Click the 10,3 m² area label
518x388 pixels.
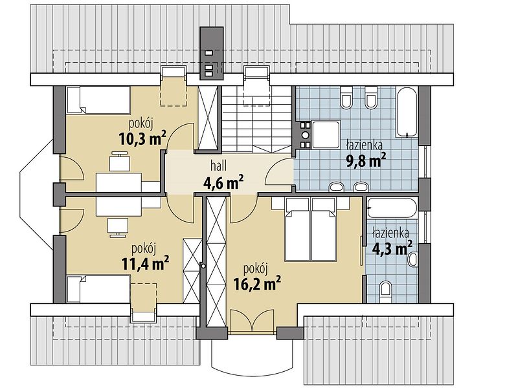142,138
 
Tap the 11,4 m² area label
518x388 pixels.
145,263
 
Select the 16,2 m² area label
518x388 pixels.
257,284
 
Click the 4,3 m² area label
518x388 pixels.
392,248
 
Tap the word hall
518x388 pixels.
219,166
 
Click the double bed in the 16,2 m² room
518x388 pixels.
311,230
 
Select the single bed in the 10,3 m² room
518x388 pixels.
98,100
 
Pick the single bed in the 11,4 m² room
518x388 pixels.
98,289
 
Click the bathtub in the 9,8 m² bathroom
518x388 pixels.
407,112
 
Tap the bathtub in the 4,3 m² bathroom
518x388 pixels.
392,208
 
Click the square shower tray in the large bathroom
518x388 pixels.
326,135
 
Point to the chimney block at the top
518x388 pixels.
212,53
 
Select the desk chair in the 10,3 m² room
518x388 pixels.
120,161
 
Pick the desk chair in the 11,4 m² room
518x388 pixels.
118,228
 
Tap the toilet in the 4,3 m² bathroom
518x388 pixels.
385,292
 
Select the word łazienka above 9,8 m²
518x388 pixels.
365,145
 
